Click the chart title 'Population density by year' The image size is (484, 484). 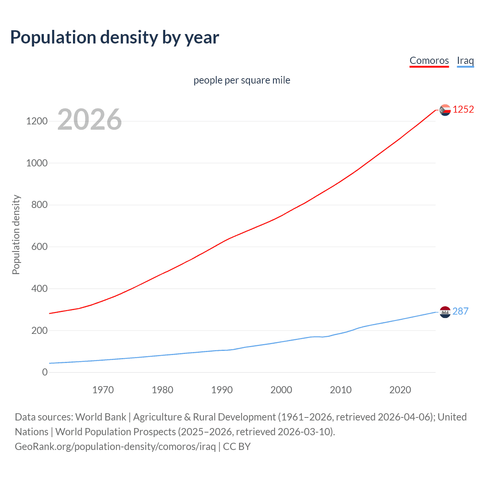point(115,37)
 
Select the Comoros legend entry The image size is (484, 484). point(429,60)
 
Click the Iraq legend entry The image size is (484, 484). point(465,60)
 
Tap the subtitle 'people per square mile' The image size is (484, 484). point(242,80)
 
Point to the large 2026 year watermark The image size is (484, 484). point(90,119)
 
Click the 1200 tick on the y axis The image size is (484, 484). point(37,121)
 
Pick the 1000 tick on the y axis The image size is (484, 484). point(37,163)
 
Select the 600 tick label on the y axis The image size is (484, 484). point(39,247)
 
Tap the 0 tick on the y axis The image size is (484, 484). point(45,372)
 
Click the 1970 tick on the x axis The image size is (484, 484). point(103,390)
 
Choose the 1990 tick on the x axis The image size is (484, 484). point(222,390)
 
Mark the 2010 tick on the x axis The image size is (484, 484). point(341,390)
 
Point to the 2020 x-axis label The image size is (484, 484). point(400,390)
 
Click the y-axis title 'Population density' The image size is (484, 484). point(16,234)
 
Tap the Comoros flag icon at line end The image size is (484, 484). point(445,110)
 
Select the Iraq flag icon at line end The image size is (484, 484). point(445,312)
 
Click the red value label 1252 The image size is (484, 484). point(463,110)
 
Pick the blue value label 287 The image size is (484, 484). point(461,311)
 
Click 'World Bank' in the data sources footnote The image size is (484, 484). point(101,417)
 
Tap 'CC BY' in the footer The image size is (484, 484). point(237,447)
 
